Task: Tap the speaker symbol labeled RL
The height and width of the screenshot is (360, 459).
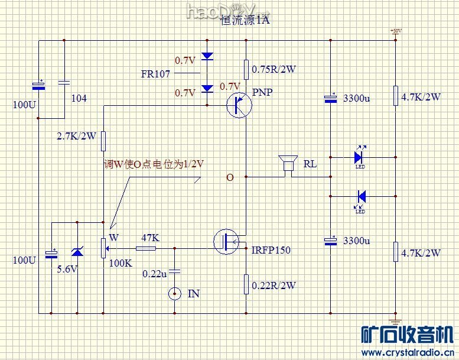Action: pyautogui.click(x=288, y=163)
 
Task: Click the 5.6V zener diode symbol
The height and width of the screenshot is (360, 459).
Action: pyautogui.click(x=77, y=252)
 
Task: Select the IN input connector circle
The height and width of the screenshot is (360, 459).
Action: pyautogui.click(x=174, y=293)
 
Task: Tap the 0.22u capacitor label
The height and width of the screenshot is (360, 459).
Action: pyautogui.click(x=154, y=274)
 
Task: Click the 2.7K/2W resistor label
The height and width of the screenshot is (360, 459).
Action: pyautogui.click(x=76, y=136)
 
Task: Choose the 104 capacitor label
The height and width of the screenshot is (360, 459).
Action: pyautogui.click(x=79, y=98)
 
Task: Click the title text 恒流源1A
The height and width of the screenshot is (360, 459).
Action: pyautogui.click(x=245, y=21)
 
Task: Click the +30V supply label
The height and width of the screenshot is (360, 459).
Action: pyautogui.click(x=395, y=31)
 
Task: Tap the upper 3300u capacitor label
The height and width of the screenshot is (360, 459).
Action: pyautogui.click(x=356, y=99)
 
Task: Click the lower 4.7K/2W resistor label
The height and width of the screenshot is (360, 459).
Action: pyautogui.click(x=421, y=253)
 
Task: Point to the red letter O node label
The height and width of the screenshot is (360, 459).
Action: pyautogui.click(x=230, y=177)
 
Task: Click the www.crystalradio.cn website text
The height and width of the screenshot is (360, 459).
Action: pyautogui.click(x=405, y=353)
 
